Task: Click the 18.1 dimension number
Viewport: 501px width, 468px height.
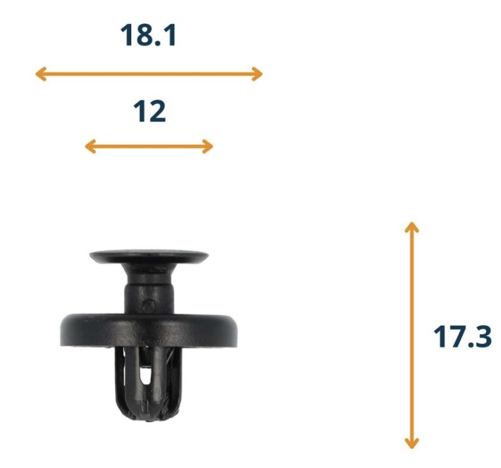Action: [x=148, y=35]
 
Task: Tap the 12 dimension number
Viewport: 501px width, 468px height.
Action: [x=150, y=111]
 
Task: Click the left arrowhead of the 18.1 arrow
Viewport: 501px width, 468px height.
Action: [x=41, y=74]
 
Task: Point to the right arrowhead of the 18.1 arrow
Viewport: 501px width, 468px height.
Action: [x=257, y=74]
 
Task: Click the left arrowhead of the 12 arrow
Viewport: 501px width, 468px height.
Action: [x=91, y=146]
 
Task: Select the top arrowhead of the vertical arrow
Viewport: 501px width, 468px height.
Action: [x=412, y=227]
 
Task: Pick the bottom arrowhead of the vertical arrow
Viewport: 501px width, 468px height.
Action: [x=412, y=443]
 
